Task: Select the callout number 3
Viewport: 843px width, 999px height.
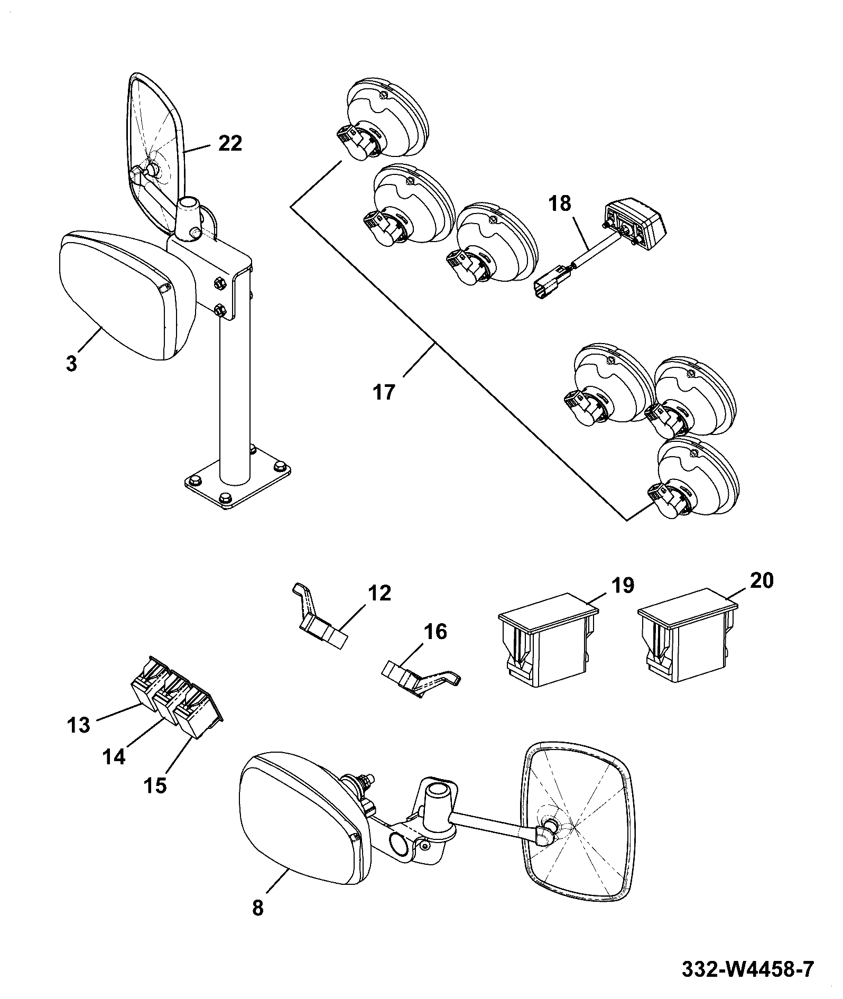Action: [72, 364]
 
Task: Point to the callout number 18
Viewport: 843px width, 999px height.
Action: [560, 203]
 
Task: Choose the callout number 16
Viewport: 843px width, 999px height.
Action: [434, 632]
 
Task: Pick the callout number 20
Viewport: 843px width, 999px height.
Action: [761, 580]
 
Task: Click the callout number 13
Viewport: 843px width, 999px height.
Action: [79, 725]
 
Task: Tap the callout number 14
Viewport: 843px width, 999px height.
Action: [114, 757]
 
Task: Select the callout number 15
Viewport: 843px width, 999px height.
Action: [154, 785]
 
